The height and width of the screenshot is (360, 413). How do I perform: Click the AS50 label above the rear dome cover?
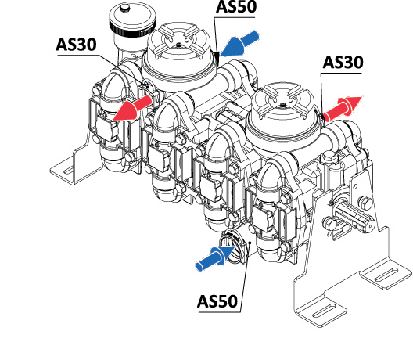(x=236, y=6)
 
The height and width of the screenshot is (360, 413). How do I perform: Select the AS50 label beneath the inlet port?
(x=217, y=301)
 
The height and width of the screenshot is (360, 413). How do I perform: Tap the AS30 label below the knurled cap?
(x=77, y=45)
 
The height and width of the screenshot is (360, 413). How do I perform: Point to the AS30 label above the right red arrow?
(x=343, y=63)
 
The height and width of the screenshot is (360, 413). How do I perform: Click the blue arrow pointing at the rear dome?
(x=239, y=43)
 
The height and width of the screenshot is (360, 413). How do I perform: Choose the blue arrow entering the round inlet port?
(x=215, y=257)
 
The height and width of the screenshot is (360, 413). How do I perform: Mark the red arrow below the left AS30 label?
(x=132, y=108)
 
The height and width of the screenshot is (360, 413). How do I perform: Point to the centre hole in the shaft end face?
(x=369, y=226)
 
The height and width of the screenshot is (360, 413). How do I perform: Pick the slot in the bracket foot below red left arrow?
(x=69, y=171)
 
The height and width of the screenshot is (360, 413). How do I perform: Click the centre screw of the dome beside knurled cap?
(x=179, y=45)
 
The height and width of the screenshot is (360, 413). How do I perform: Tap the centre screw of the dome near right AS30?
(x=282, y=105)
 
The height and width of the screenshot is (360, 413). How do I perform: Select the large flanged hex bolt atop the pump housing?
(x=329, y=157)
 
